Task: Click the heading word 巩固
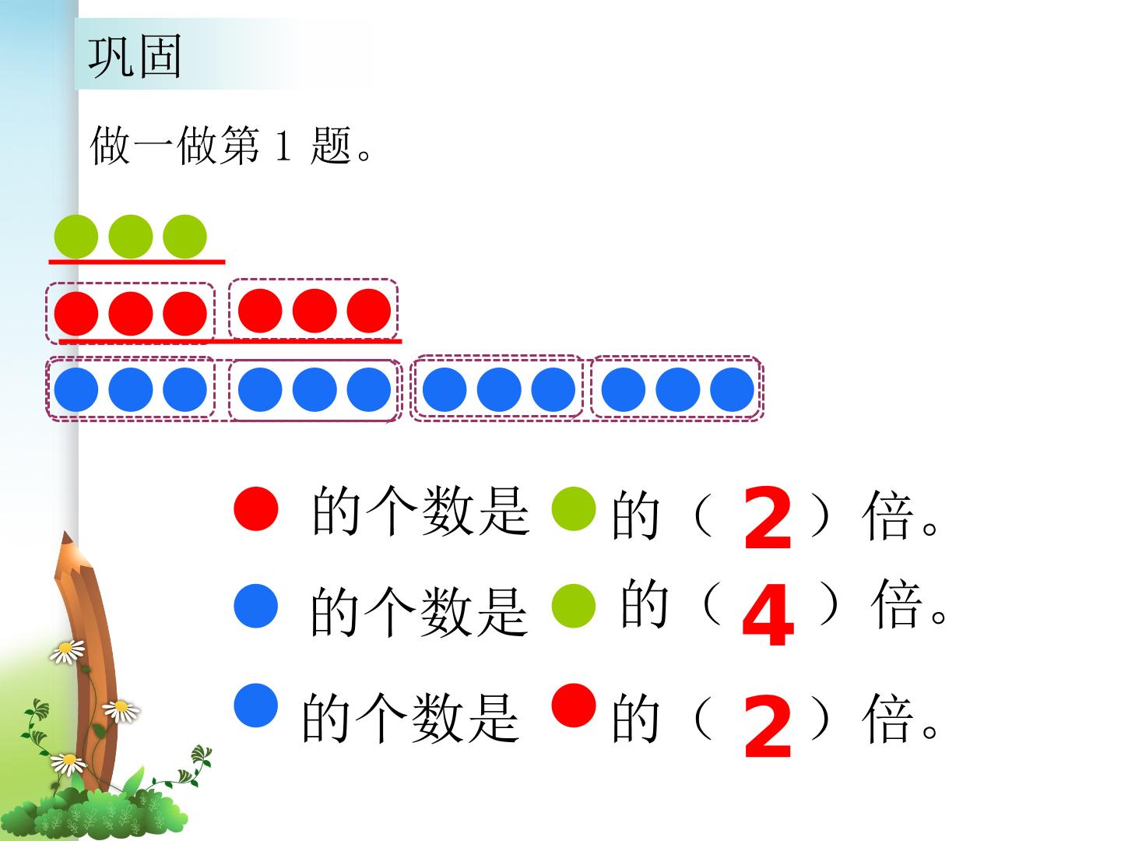(135, 57)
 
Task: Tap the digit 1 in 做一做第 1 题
(283, 146)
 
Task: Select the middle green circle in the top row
(131, 237)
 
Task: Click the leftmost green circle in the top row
(76, 237)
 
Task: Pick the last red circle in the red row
(369, 311)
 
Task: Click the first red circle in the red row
(76, 314)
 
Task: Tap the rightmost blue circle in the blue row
(733, 389)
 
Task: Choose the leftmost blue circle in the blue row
(76, 389)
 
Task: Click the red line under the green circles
(137, 262)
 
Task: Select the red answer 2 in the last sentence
(768, 726)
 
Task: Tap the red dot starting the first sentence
(256, 508)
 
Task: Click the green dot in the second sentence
(574, 606)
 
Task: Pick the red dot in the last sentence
(574, 706)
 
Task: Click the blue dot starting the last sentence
(256, 706)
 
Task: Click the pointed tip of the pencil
(65, 533)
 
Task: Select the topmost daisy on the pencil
(68, 652)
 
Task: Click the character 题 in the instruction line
(331, 146)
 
